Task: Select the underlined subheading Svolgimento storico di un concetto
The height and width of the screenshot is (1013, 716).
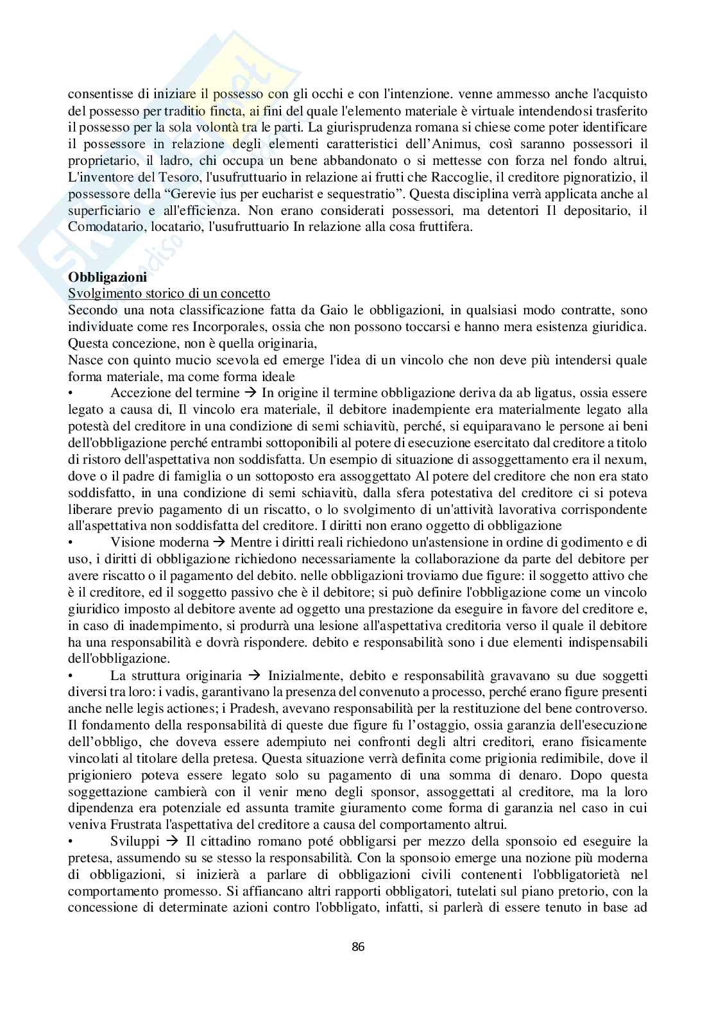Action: (x=169, y=294)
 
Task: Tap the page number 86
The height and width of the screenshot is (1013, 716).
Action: (x=358, y=946)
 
